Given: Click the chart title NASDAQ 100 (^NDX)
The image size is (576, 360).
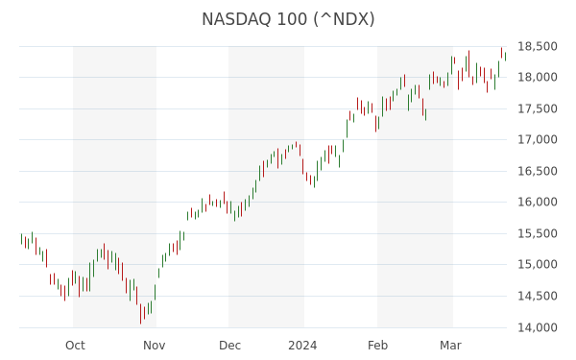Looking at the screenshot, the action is click(x=288, y=19).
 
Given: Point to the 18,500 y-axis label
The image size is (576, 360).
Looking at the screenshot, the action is click(x=537, y=47).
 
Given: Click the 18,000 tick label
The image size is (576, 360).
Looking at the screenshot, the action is click(x=537, y=77).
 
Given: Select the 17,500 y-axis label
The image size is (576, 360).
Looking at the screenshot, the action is click(x=537, y=108).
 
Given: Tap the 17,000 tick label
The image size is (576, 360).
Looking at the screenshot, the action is click(x=537, y=139).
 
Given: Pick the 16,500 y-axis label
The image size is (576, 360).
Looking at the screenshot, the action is click(x=537, y=171).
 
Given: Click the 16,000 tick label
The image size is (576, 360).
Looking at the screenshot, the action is click(x=537, y=202).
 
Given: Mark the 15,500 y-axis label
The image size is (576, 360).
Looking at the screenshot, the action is click(x=537, y=233).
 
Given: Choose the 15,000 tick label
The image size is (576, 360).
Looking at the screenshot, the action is click(x=537, y=265).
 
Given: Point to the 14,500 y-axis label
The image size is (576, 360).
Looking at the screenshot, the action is click(x=537, y=296).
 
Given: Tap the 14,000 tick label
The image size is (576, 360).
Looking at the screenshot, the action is click(x=537, y=327).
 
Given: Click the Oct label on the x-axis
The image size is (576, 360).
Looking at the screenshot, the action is click(x=75, y=346).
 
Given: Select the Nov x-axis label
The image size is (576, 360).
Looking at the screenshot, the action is click(x=155, y=346).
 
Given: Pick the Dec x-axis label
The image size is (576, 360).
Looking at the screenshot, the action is click(x=230, y=346).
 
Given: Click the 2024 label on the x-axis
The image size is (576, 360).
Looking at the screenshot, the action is click(x=302, y=346).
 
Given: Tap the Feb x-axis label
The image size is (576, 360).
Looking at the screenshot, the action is click(x=377, y=346).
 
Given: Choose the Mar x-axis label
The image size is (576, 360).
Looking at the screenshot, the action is click(x=451, y=346).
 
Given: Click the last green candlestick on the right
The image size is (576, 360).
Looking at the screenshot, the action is click(x=506, y=57).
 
